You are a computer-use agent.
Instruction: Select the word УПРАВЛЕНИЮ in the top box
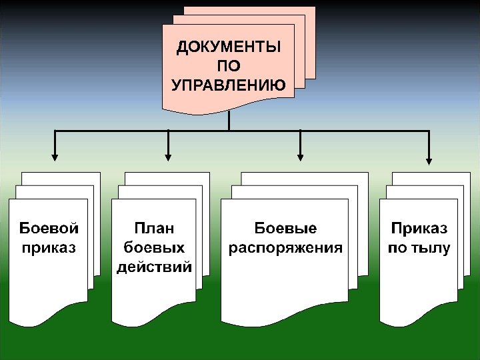228,85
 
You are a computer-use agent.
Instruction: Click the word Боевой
49,229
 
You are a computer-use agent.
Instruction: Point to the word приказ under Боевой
49,248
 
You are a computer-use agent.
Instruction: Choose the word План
154,229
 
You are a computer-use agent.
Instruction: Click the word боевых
154,248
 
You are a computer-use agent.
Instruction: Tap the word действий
154,267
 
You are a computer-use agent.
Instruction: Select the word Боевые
285,229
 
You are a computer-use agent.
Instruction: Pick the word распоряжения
285,248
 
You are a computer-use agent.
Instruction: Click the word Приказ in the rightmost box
419,229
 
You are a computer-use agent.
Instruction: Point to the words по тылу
419,248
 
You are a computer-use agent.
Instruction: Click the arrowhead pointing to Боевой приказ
55,158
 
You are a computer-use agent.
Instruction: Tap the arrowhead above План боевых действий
168,158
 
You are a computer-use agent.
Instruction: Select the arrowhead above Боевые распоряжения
301,158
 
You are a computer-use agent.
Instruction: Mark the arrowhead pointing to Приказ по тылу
429,160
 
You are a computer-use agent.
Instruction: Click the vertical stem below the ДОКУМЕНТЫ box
228,121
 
